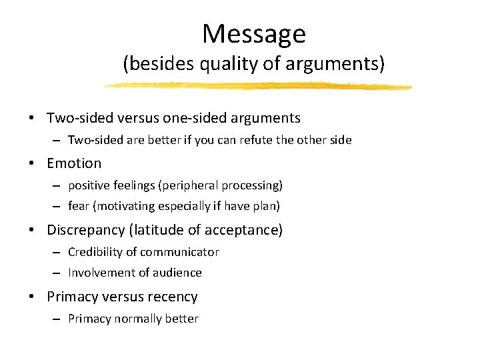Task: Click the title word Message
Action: pos(253,33)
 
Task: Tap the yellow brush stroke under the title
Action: pos(257,86)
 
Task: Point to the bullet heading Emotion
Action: pos(74,163)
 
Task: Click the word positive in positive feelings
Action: pos(88,185)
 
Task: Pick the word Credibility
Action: pos(92,252)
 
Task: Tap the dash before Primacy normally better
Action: pos(59,319)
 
